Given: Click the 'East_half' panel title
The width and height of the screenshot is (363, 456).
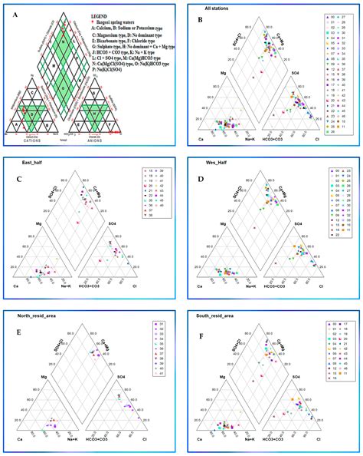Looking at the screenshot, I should click(22, 162).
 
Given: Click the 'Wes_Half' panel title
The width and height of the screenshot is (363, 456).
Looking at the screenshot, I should click(206, 162).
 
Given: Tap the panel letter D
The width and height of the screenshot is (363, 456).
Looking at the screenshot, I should click(201, 181).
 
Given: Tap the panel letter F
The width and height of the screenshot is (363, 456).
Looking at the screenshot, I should click(201, 334).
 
